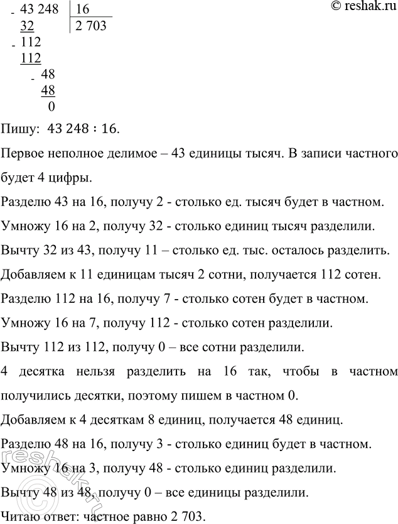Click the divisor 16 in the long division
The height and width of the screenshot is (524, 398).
[83, 9]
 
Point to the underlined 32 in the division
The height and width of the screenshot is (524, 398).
[28, 26]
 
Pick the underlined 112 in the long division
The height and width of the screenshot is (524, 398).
[31, 59]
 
